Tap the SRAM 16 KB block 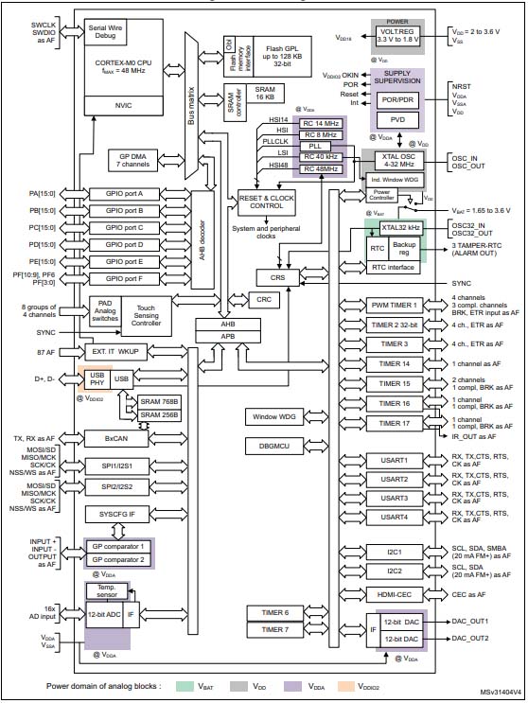[x=264, y=94]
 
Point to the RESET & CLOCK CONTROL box [x=259, y=202]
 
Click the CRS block [x=276, y=277]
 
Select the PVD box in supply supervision [x=396, y=120]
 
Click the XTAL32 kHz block [x=400, y=228]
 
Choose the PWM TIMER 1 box [x=395, y=306]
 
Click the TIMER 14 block [x=395, y=363]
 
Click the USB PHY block [x=97, y=379]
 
